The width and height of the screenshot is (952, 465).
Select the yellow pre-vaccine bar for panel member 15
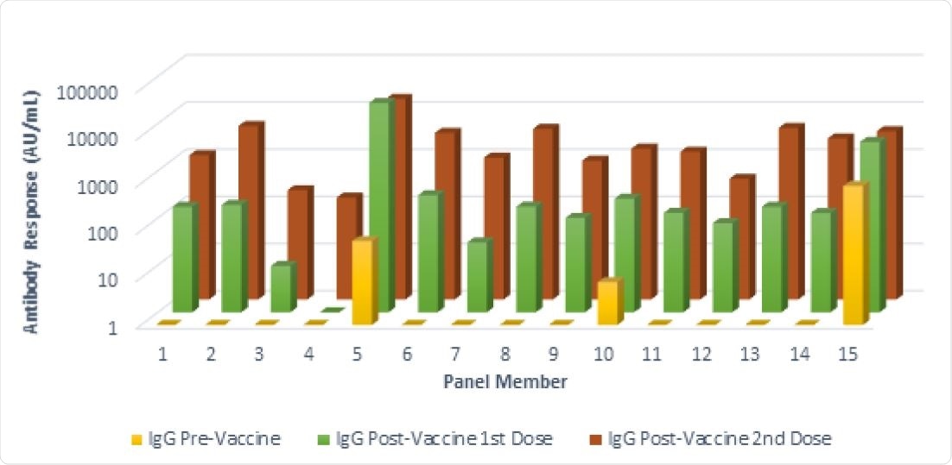coord(853,254)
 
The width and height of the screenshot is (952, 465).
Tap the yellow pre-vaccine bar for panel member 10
coord(607,302)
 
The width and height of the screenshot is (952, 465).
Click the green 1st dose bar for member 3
coord(281,288)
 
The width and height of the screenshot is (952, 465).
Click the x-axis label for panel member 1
coord(162,354)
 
